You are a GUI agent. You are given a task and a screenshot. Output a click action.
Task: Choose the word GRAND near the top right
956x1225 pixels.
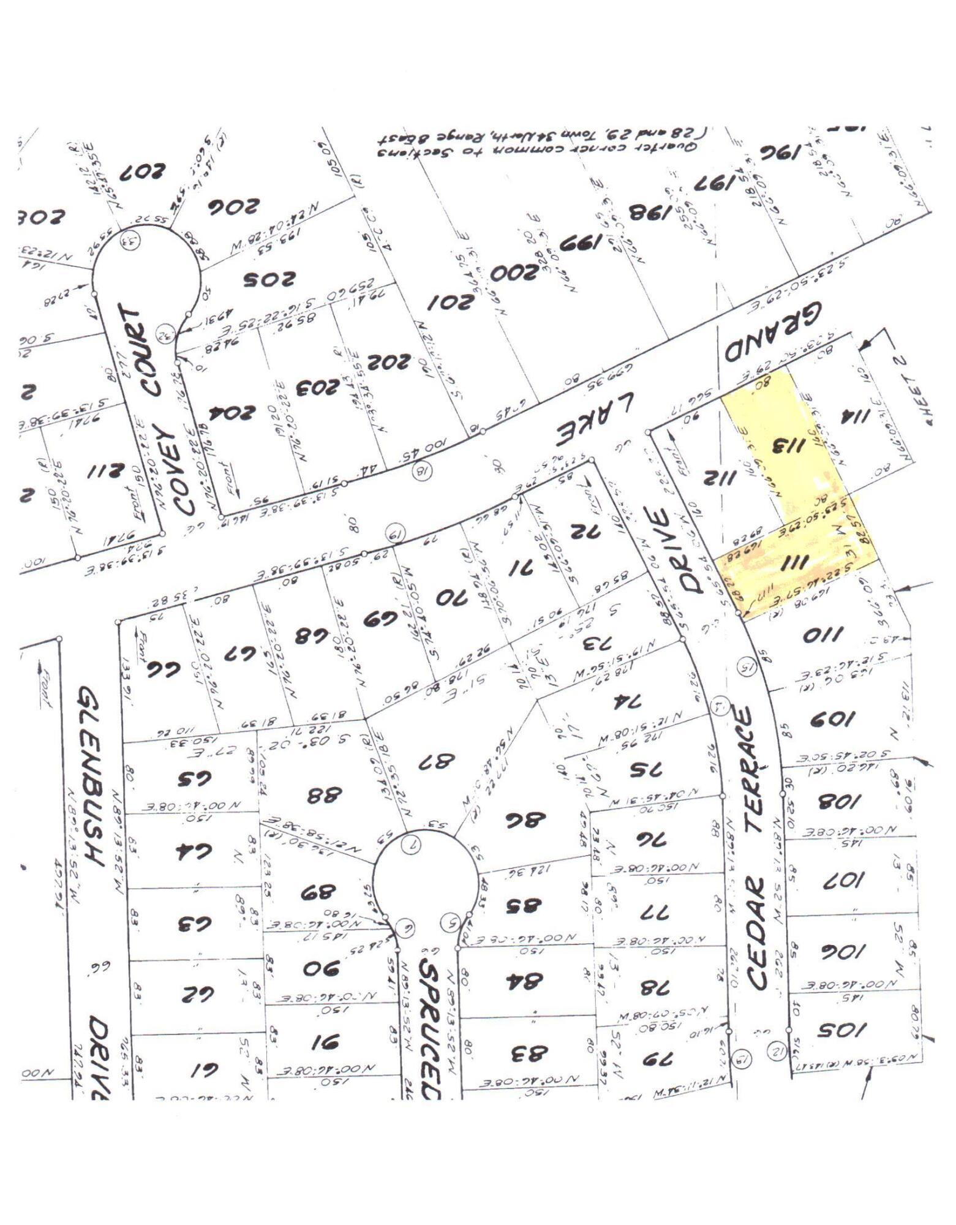coord(773,334)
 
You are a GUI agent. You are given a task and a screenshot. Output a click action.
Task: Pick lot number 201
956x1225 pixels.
coord(451,303)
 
